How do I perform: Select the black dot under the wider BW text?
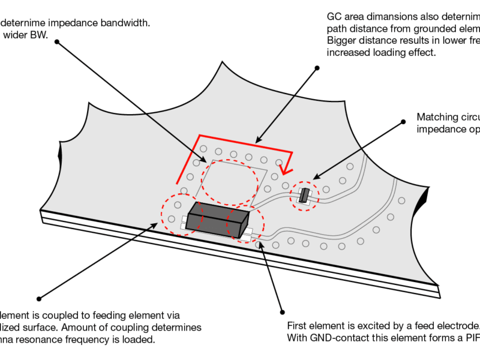57,42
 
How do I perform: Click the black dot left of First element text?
282,312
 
